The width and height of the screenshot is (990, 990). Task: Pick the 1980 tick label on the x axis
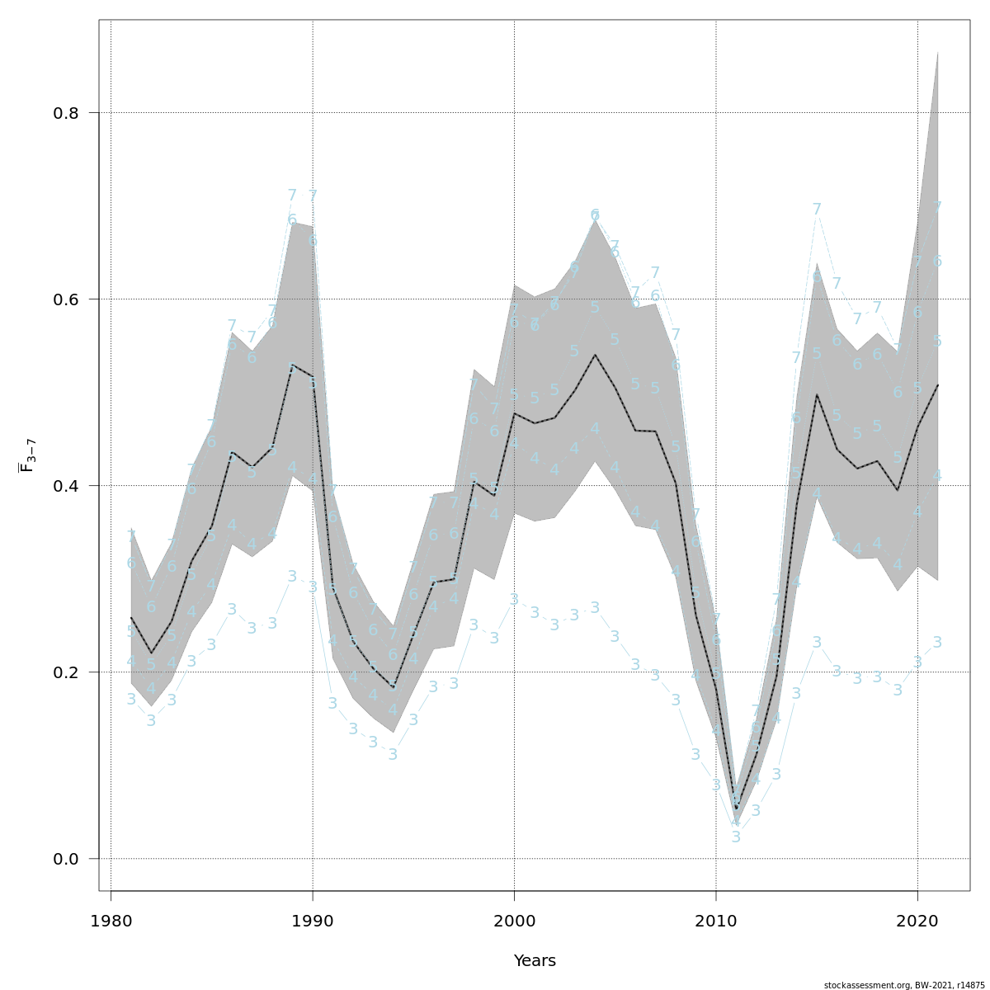[x=111, y=920]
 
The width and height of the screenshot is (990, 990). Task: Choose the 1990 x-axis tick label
[x=313, y=920]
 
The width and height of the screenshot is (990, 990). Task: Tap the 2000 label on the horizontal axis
[x=514, y=920]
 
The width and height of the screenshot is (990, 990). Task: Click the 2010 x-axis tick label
[x=716, y=920]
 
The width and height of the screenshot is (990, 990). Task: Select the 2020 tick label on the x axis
[x=917, y=920]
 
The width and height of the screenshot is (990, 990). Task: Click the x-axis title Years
[x=535, y=961]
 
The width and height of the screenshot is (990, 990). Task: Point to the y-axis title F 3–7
[x=26, y=455]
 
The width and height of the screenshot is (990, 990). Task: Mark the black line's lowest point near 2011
[x=736, y=808]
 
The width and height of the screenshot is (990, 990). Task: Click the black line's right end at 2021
[x=938, y=384]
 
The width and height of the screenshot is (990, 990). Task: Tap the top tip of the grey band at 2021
[x=938, y=52]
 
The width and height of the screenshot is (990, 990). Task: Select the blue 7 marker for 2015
[x=817, y=210]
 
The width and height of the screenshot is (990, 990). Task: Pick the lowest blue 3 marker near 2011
[x=736, y=837]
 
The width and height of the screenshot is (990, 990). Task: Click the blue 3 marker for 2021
[x=937, y=642]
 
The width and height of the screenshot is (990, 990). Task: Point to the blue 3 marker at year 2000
[x=514, y=599]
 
